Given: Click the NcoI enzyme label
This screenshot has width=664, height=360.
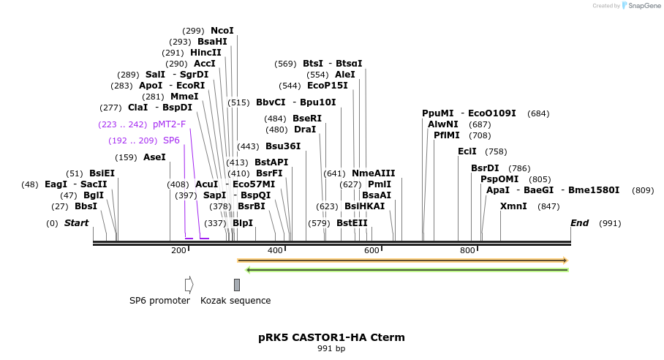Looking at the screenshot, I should tap(222, 31).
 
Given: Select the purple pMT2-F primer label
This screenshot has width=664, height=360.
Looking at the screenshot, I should tap(169, 124).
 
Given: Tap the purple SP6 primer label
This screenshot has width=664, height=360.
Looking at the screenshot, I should tap(171, 140).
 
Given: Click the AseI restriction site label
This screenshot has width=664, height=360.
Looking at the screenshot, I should tap(154, 157).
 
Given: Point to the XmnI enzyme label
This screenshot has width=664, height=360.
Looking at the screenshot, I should tap(513, 206).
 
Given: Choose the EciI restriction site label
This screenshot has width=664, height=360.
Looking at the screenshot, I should tap(467, 151).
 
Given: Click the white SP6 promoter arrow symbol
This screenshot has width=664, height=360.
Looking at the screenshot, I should tap(189, 285).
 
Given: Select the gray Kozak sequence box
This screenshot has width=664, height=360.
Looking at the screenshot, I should tap(237, 285).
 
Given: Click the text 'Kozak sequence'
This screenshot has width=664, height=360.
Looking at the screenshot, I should tap(235, 301).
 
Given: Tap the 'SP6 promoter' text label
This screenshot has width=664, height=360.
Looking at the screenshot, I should tap(159, 301).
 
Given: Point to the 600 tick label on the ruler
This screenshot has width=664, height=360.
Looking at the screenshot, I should tap(371, 251).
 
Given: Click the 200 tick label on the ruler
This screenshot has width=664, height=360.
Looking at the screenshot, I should tap(178, 251).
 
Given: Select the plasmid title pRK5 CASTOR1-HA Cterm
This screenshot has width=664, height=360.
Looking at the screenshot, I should tap(331, 337).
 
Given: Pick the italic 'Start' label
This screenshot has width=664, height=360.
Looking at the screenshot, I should tap(76, 223).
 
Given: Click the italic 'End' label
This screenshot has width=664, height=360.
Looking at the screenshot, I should tap(579, 223).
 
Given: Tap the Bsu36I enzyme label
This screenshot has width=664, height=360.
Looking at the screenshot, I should tap(283, 146).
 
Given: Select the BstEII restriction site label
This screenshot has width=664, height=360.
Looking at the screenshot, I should tap(352, 223).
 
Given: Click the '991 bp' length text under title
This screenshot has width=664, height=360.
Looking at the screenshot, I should tap(331, 349).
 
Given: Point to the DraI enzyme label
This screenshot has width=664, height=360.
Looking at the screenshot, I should tap(304, 130).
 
